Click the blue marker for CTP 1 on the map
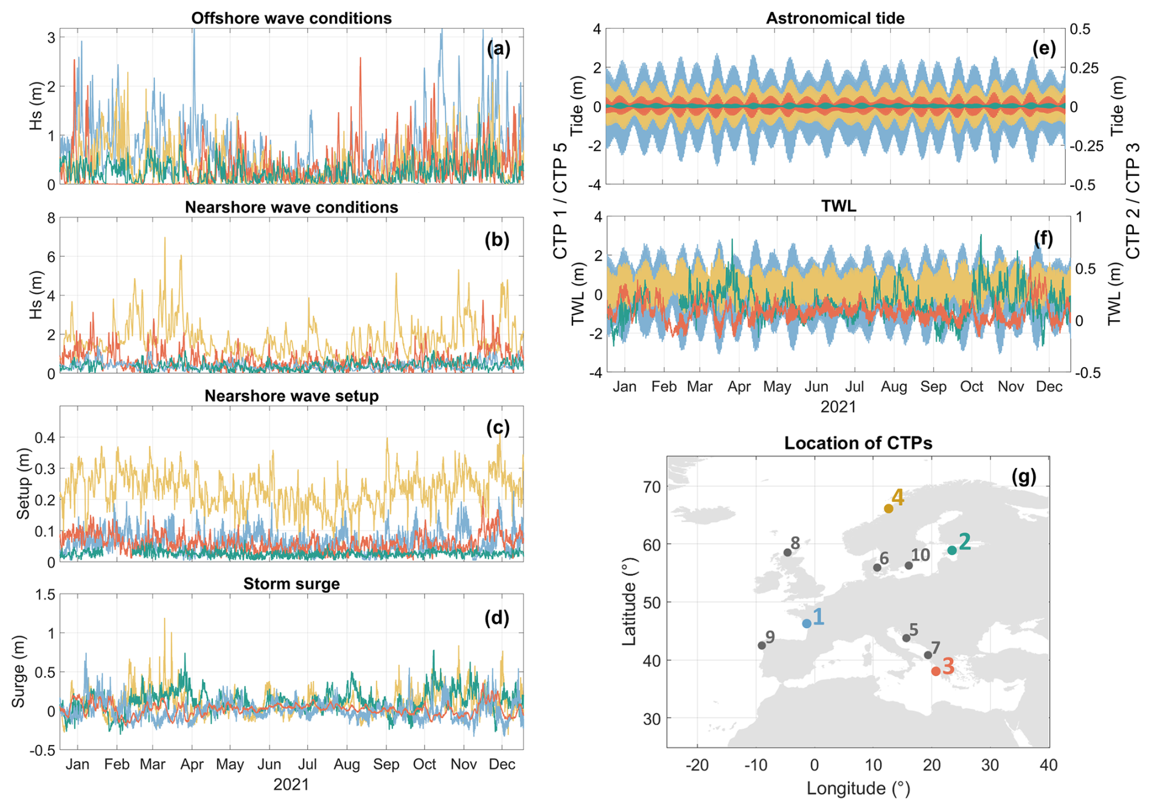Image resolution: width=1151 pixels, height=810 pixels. pyautogui.click(x=807, y=623)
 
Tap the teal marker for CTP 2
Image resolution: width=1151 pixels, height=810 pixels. pyautogui.click(x=952, y=550)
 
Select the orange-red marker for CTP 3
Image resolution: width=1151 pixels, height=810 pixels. pyautogui.click(x=936, y=671)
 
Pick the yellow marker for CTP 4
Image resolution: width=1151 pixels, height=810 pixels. pyautogui.click(x=889, y=508)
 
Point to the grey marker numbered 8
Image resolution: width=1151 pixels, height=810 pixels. pyautogui.click(x=788, y=553)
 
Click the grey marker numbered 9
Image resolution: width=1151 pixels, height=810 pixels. pyautogui.click(x=762, y=645)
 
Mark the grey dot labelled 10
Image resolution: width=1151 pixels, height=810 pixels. pyautogui.click(x=909, y=565)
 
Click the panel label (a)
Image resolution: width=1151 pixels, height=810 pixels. pyautogui.click(x=498, y=49)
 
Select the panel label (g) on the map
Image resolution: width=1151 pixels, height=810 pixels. pyautogui.click(x=1024, y=477)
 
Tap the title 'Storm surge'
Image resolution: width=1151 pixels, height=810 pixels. pyautogui.click(x=291, y=584)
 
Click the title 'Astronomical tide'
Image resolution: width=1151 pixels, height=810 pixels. pyautogui.click(x=835, y=18)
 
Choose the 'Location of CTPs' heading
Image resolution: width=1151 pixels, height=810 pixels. pyautogui.click(x=858, y=443)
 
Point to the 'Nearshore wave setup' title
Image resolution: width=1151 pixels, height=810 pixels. pyautogui.click(x=291, y=396)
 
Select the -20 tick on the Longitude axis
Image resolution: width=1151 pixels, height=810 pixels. pyautogui.click(x=697, y=765)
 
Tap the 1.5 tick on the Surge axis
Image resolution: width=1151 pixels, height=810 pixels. pyautogui.click(x=44, y=595)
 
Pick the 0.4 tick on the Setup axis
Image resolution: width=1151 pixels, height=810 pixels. pyautogui.click(x=44, y=438)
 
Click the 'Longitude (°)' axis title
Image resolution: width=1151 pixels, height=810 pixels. pyautogui.click(x=858, y=789)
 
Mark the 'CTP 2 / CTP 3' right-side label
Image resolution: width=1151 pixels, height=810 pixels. pyautogui.click(x=1133, y=201)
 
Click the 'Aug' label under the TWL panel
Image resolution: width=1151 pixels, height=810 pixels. pyautogui.click(x=894, y=387)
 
